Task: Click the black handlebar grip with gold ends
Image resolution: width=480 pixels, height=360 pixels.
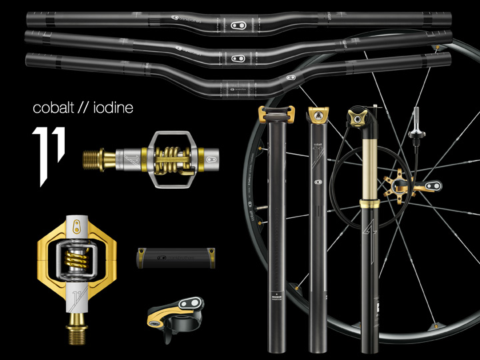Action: pyautogui.click(x=175, y=257)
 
